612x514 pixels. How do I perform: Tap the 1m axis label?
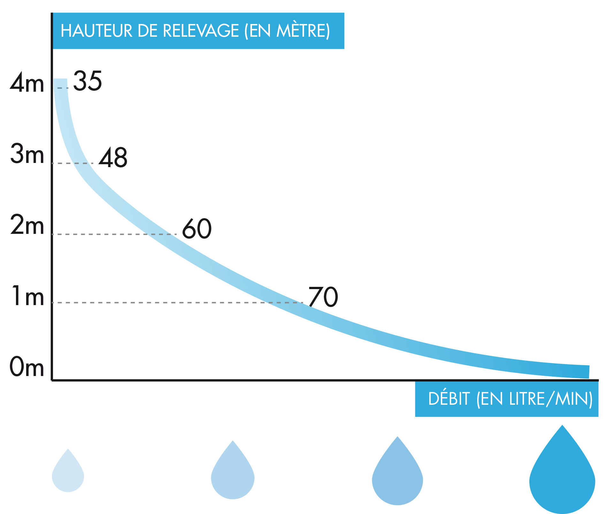click(x=28, y=296)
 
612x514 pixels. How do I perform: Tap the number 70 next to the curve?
click(x=323, y=296)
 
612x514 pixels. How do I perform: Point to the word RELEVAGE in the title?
click(x=201, y=31)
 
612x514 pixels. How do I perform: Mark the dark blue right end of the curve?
click(x=589, y=372)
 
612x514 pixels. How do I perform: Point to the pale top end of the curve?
click(x=60, y=80)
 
